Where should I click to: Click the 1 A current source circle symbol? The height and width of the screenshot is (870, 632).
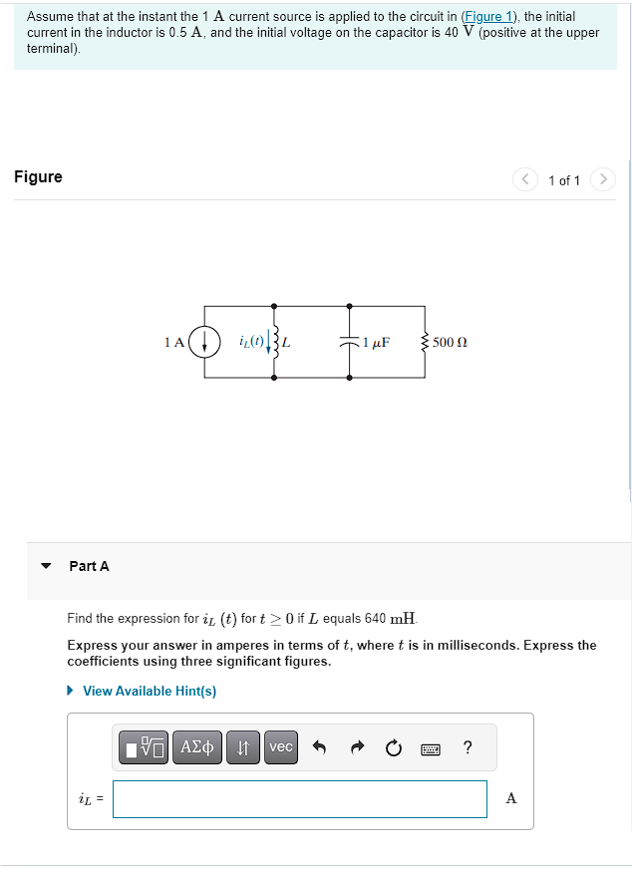pyautogui.click(x=204, y=342)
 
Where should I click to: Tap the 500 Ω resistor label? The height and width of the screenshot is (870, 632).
pyautogui.click(x=450, y=342)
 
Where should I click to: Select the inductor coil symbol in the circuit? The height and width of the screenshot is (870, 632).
pyautogui.click(x=274, y=342)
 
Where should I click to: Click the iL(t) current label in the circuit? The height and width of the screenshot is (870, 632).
pyautogui.click(x=251, y=341)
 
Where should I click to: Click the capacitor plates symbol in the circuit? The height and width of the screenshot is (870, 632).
pyautogui.click(x=350, y=341)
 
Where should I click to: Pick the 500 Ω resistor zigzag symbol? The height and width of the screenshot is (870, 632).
pyautogui.click(x=426, y=342)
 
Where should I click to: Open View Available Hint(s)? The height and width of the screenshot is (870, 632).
pyautogui.click(x=149, y=691)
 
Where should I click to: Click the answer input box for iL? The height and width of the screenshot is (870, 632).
pyautogui.click(x=299, y=798)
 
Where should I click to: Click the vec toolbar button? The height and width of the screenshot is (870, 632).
pyautogui.click(x=281, y=746)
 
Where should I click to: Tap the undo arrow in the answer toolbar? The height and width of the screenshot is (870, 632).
pyautogui.click(x=320, y=747)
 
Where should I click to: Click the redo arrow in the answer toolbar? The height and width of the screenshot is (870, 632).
pyautogui.click(x=357, y=747)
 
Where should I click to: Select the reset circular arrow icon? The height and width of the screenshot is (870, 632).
pyautogui.click(x=394, y=747)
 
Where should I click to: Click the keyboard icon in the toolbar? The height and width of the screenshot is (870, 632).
pyautogui.click(x=431, y=747)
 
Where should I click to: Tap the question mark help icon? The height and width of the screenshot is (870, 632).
pyautogui.click(x=468, y=747)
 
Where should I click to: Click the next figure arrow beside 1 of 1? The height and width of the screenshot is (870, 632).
pyautogui.click(x=603, y=179)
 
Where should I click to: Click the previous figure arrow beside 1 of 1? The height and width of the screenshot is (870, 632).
pyautogui.click(x=525, y=179)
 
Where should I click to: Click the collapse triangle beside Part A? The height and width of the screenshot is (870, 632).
pyautogui.click(x=45, y=566)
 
